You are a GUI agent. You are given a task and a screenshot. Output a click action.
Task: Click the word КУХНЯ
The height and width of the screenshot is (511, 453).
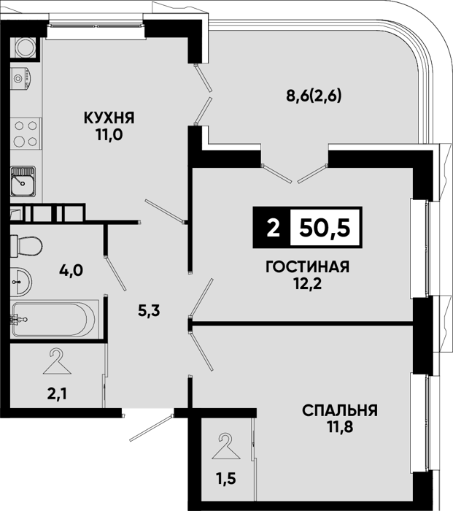(x=109, y=118)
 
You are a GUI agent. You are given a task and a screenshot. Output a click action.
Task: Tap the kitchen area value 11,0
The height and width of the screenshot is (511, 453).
(x=109, y=134)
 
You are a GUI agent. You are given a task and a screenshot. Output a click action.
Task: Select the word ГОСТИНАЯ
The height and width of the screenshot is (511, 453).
(x=307, y=267)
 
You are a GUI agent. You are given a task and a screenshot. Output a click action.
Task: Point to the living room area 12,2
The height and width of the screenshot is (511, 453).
(x=307, y=284)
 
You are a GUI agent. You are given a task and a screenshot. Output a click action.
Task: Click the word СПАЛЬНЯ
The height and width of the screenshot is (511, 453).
(x=340, y=410)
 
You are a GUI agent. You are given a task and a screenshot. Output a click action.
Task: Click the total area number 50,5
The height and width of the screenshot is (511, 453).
(x=325, y=227)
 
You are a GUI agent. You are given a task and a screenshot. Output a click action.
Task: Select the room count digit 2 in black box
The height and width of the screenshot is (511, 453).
(x=273, y=228)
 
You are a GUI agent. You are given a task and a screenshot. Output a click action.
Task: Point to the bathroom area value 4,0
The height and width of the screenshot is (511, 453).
(x=71, y=270)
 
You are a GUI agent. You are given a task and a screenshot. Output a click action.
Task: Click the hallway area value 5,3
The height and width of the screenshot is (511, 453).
(x=149, y=311)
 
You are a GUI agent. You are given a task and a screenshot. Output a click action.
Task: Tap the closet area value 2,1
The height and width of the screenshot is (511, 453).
(x=58, y=395)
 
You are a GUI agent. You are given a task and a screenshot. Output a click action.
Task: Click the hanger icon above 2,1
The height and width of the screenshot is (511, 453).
(x=57, y=361)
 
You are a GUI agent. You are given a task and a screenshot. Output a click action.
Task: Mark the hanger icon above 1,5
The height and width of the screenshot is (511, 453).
(x=226, y=446)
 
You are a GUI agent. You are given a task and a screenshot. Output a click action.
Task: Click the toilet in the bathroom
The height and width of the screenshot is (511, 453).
(x=26, y=246)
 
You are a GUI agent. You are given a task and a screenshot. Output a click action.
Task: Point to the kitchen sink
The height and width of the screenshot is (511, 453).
(x=23, y=181)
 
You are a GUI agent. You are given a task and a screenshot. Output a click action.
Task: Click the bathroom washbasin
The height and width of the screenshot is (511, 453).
(x=21, y=282)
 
